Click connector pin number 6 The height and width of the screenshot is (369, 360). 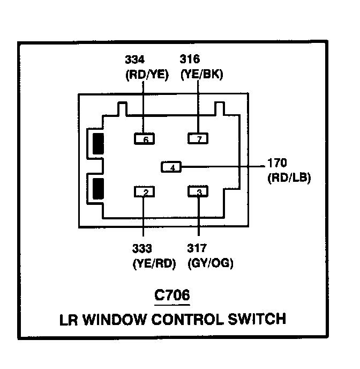click(144, 138)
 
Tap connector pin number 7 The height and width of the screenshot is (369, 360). click(198, 138)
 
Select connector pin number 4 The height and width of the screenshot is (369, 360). click(171, 167)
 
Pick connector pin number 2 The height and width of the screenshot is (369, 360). click(144, 191)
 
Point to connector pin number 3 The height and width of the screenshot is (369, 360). click(198, 191)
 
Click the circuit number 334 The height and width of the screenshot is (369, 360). click(134, 60)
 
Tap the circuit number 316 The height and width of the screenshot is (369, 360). click(190, 59)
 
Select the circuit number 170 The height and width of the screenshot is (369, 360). click(277, 163)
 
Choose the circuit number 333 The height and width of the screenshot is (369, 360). click(142, 248)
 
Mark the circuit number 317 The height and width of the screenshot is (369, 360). click(197, 248)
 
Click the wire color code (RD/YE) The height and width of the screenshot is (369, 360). click(147, 75)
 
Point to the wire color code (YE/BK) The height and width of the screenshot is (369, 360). click(201, 75)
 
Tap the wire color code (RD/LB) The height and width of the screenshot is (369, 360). click(289, 178)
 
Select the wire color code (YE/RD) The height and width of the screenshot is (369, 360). click(154, 263)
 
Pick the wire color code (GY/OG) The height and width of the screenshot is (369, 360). click(211, 263)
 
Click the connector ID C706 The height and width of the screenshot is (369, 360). click(172, 295)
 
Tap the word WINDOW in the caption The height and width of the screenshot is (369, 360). click(115, 320)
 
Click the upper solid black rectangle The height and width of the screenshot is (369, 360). click(98, 144)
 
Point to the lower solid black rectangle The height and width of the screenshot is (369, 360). click(98, 189)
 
